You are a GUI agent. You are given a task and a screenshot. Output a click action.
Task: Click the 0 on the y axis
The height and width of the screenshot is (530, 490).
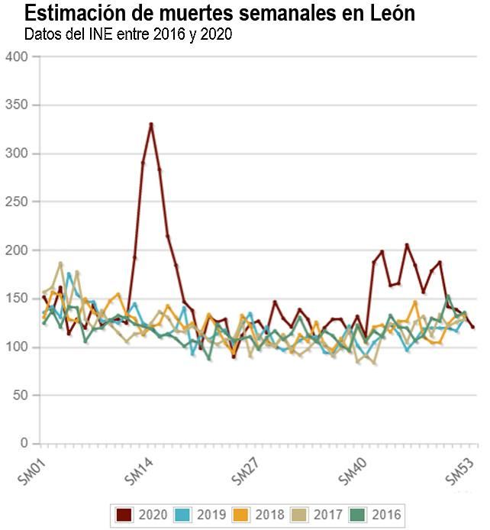click(24, 444)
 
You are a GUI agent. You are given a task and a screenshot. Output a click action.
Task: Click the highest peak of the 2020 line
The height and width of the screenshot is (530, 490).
click(151, 124)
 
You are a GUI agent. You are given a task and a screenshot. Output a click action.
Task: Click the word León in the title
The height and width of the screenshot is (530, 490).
click(387, 14)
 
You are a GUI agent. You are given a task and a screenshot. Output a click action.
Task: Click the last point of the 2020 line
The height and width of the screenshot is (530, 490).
click(473, 327)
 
